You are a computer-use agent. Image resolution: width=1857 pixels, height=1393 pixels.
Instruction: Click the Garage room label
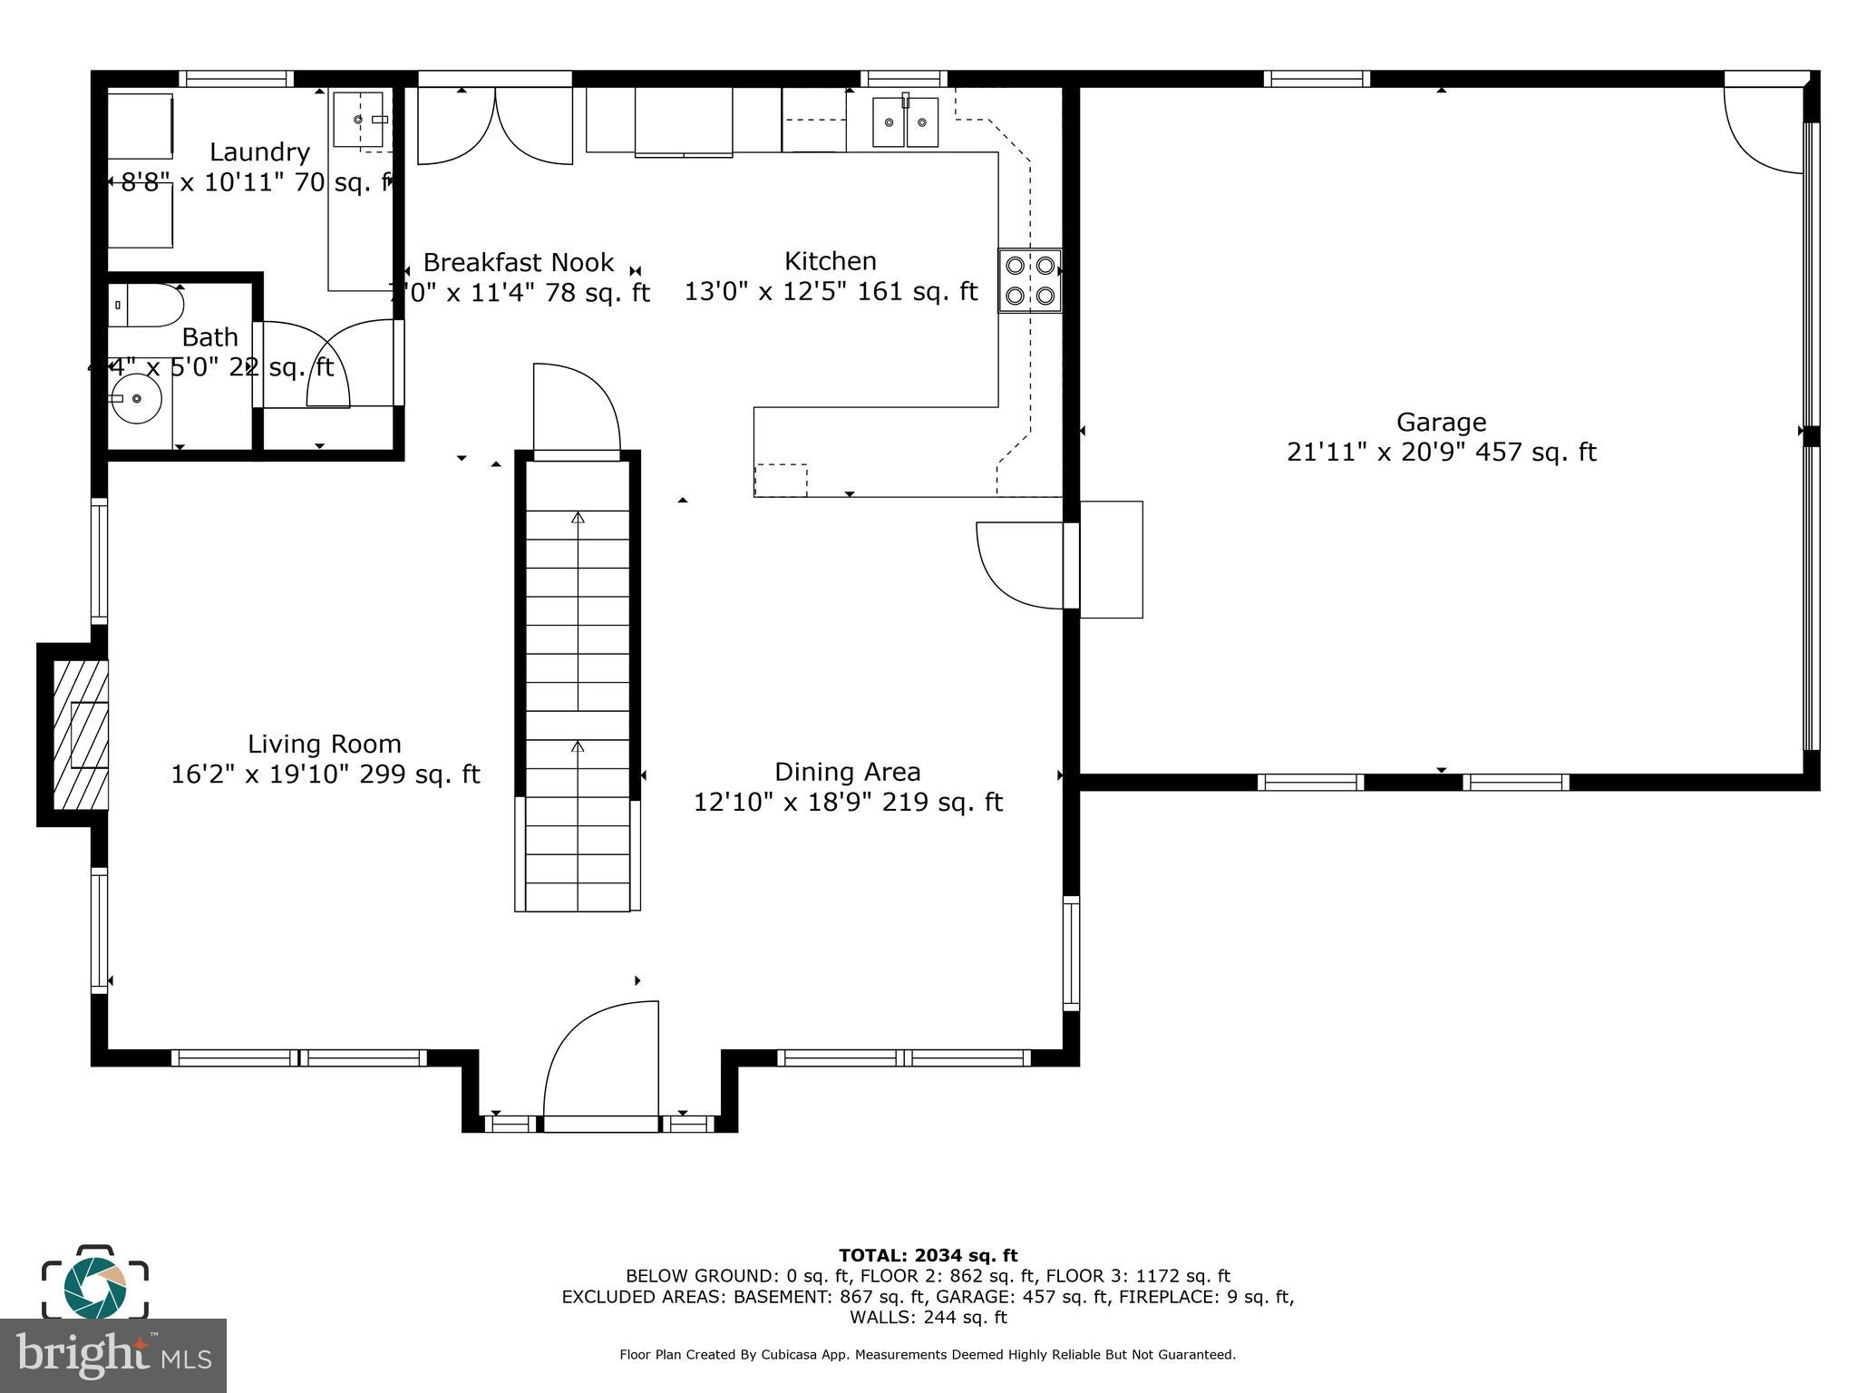pyautogui.click(x=1440, y=423)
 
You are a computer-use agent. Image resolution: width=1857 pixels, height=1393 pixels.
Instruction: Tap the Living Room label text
pyautogui.click(x=324, y=745)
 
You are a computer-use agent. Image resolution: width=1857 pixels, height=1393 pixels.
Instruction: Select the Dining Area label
pyautogui.click(x=847, y=773)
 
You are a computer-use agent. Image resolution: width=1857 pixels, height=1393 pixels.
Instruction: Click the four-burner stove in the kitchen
pyautogui.click(x=1030, y=280)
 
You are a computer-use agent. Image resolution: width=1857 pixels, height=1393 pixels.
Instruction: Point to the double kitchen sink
pyautogui.click(x=905, y=122)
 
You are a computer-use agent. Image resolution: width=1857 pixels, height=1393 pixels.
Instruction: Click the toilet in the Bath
pyautogui.click(x=145, y=306)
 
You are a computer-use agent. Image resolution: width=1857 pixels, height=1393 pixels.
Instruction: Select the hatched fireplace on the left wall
pyautogui.click(x=80, y=735)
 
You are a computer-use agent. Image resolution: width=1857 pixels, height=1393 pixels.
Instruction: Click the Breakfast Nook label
pyautogui.click(x=519, y=263)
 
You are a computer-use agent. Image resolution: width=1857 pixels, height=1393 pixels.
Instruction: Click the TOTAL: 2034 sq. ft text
pyautogui.click(x=928, y=1255)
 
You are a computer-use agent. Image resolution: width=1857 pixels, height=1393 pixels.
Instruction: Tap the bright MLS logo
pyautogui.click(x=112, y=1356)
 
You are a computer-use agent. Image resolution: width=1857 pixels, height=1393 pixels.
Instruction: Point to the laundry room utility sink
pyautogui.click(x=359, y=119)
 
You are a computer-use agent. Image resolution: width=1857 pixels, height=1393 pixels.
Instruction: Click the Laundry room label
pyautogui.click(x=259, y=152)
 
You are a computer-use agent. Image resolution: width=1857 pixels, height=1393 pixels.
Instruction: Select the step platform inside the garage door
pyautogui.click(x=1111, y=560)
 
